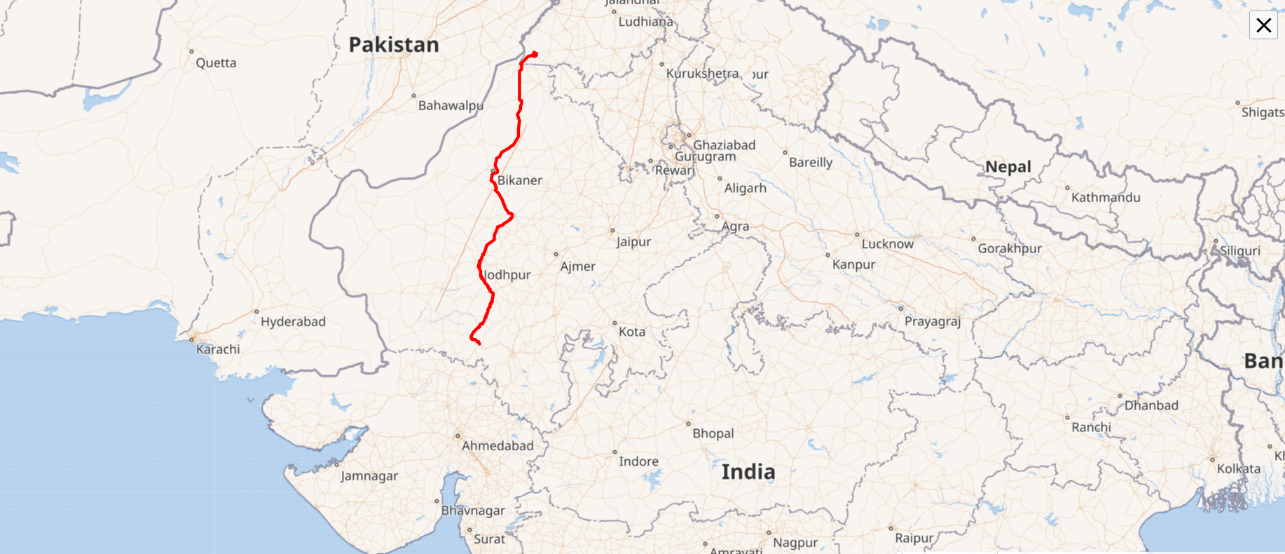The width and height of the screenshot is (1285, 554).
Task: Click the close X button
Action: pyautogui.click(x=1263, y=25)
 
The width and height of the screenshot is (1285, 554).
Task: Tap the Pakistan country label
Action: pyautogui.click(x=394, y=45)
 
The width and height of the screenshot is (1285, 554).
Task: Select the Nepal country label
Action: pyautogui.click(x=1008, y=167)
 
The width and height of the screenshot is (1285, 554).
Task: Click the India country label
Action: pyautogui.click(x=748, y=472)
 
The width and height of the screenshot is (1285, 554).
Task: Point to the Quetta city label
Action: pyautogui.click(x=216, y=63)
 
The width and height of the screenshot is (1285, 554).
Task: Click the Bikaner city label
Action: pyautogui.click(x=519, y=181)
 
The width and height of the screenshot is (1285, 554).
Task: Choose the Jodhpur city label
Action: pyautogui.click(x=508, y=275)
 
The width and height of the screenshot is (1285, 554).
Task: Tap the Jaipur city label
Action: pyautogui.click(x=633, y=242)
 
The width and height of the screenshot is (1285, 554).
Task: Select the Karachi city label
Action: pyautogui.click(x=218, y=349)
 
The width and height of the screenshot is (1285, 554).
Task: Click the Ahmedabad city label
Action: pyautogui.click(x=497, y=446)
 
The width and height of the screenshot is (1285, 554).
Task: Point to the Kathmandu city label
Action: pyautogui.click(x=1106, y=198)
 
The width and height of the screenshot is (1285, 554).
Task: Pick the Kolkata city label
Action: pyautogui.click(x=1238, y=469)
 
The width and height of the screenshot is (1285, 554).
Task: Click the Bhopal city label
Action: pyautogui.click(x=713, y=433)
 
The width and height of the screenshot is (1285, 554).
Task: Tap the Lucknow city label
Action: pyautogui.click(x=887, y=244)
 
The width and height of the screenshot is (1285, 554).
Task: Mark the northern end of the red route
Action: pyautogui.click(x=535, y=54)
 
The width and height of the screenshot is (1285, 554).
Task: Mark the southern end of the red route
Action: pyautogui.click(x=479, y=344)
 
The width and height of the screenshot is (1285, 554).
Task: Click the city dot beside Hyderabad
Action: pyautogui.click(x=256, y=311)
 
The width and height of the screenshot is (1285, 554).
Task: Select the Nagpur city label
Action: pyautogui.click(x=795, y=543)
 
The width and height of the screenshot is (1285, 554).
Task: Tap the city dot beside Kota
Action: pyautogui.click(x=614, y=323)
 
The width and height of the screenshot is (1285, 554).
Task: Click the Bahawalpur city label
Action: pyautogui.click(x=451, y=106)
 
